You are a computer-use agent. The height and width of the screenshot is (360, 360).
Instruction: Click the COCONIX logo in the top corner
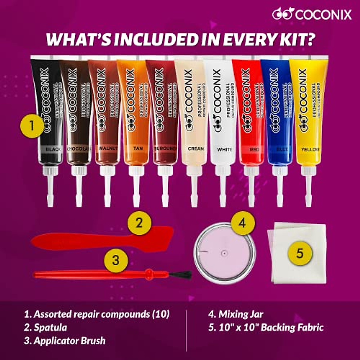[x=312, y=14]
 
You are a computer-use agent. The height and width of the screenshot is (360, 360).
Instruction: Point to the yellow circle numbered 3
[x=116, y=260]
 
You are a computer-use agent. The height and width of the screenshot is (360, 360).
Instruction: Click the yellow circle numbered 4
[x=243, y=223]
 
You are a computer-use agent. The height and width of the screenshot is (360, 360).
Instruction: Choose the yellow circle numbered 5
[x=300, y=254]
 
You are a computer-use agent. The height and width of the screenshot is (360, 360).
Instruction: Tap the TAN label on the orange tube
[x=138, y=148]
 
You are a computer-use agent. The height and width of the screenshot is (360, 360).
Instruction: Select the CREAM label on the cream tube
[x=196, y=148]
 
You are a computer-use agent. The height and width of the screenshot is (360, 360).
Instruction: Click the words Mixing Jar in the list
[x=241, y=314]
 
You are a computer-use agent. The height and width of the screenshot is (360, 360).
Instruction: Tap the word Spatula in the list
[x=50, y=327]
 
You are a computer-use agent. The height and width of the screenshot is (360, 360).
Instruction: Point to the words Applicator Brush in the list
[x=70, y=341]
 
